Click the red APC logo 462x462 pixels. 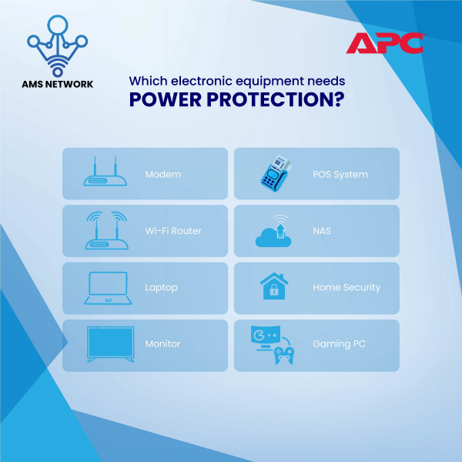coord(385,43)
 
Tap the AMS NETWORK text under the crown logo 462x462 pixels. coord(58,84)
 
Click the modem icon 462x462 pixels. coord(105,171)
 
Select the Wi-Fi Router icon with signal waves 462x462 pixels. coord(107,230)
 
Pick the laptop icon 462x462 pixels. coord(108,288)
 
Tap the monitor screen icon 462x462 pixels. coord(110,344)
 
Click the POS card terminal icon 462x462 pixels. coord(276,173)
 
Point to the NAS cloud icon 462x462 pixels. coord(273,231)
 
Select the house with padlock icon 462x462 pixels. coord(274,286)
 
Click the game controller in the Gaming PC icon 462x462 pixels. coord(284,355)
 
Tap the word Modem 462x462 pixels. coord(163,175)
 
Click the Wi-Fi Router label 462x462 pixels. coord(173,231)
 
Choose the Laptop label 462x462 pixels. coord(161,287)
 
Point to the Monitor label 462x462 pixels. coord(162,344)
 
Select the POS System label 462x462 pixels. coord(340,175)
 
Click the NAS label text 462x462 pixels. coord(322,231)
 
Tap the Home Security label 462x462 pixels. coord(346,287)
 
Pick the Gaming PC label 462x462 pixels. coord(339,344)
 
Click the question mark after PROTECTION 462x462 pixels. coord(339,99)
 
